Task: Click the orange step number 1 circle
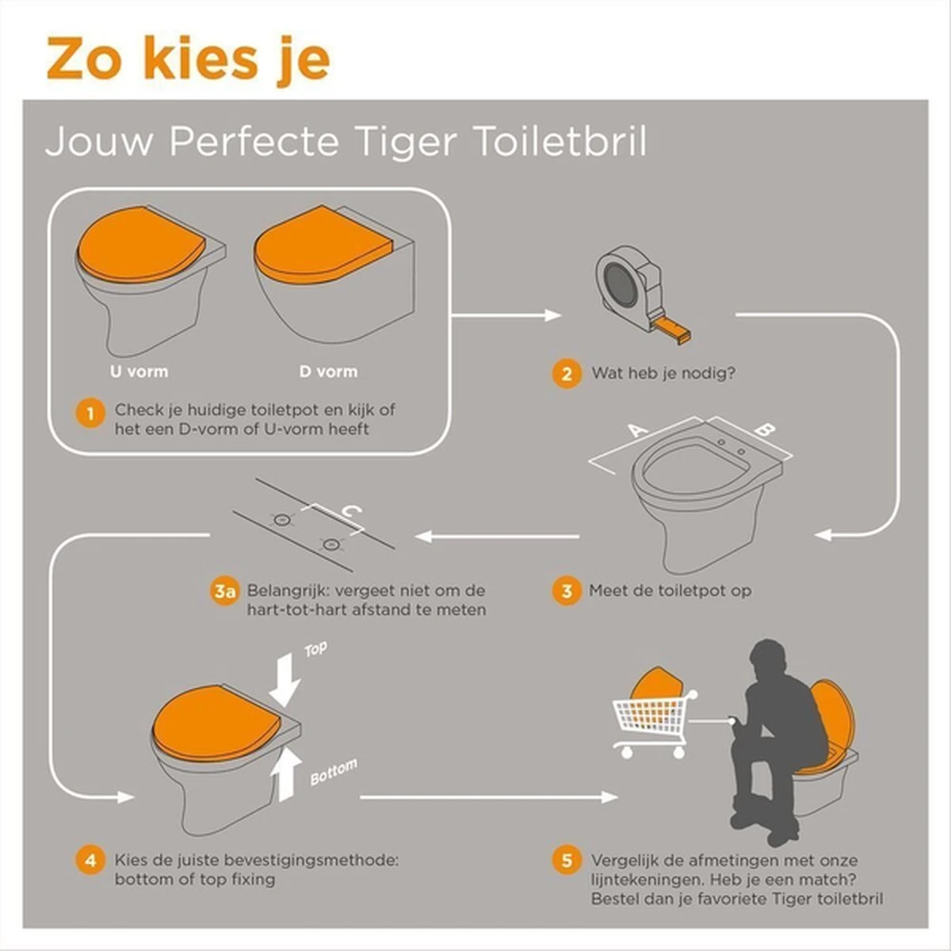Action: (x=90, y=414)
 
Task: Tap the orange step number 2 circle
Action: (x=566, y=372)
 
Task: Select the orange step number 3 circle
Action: (x=566, y=591)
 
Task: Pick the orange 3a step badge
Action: (x=225, y=591)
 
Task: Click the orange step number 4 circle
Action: (x=90, y=861)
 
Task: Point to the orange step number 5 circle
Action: (x=566, y=861)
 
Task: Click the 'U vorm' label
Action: (x=139, y=371)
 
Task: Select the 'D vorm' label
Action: (x=328, y=371)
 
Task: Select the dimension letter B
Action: (x=762, y=430)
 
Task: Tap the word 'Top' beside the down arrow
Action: (x=315, y=650)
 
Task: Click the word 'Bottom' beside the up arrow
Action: (x=333, y=772)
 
